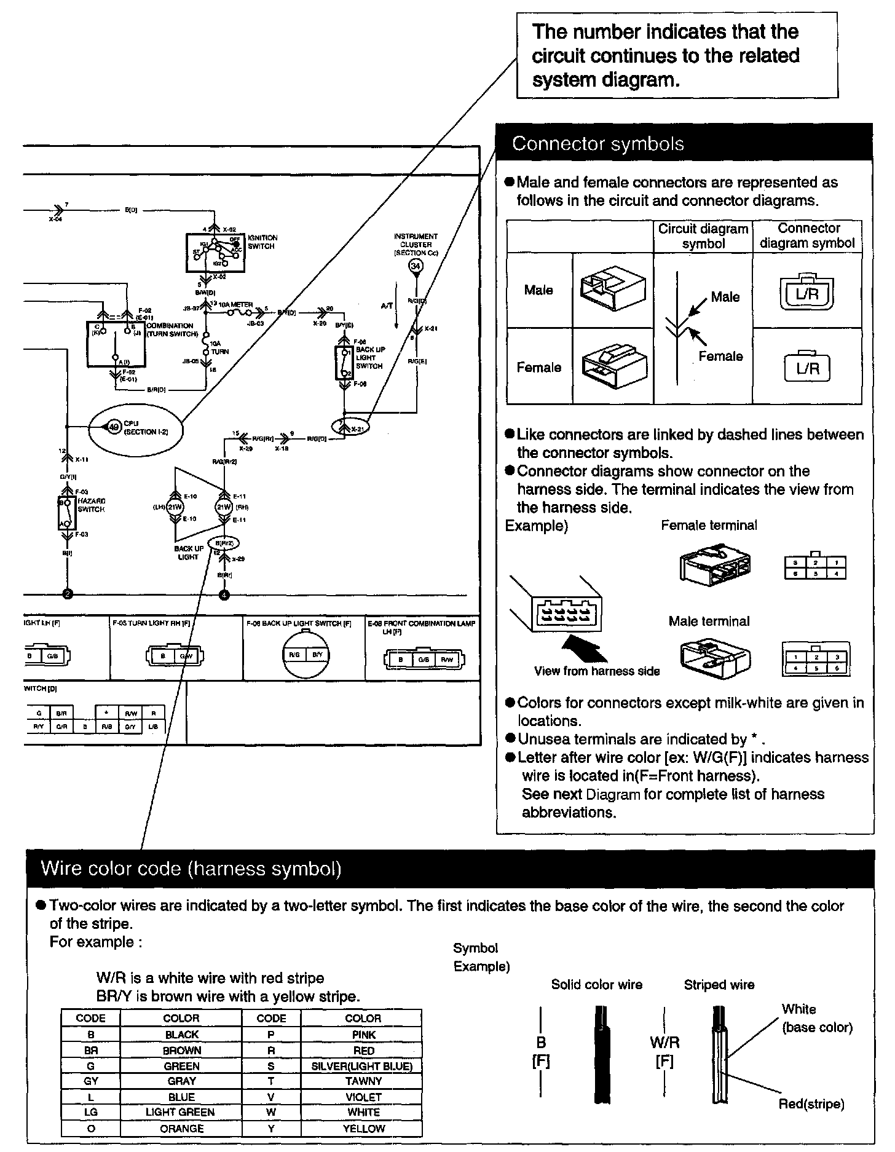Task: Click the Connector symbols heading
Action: (597, 144)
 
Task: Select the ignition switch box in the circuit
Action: (215, 252)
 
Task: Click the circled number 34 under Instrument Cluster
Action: (416, 266)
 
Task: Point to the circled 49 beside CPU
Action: (114, 427)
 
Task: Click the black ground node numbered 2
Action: (68, 594)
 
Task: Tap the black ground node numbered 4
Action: (224, 594)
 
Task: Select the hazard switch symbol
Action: (66, 513)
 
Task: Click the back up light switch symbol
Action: (344, 363)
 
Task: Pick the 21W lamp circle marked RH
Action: (224, 507)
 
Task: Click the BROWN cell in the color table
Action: (182, 1051)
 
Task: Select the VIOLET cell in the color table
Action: (363, 1097)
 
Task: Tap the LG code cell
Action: (90, 1112)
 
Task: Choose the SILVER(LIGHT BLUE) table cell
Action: (363, 1066)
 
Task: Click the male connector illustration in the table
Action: (612, 290)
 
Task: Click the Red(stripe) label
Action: (811, 1104)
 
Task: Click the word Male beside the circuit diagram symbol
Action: (725, 297)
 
